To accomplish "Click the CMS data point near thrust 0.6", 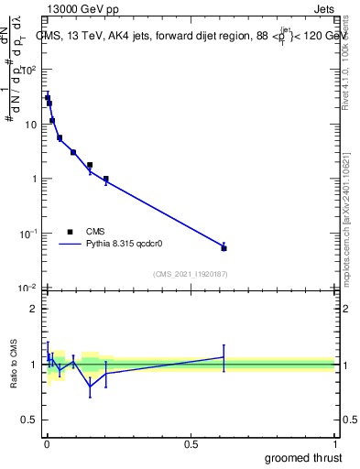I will tap(224, 248).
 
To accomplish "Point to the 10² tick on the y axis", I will tap(30, 69).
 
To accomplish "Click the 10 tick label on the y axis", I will tap(32, 124).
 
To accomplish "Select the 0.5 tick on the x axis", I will tap(191, 442).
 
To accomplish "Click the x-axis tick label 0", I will tap(47, 442).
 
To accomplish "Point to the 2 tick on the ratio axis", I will tap(35, 309).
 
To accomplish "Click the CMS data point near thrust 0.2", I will tap(106, 179).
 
